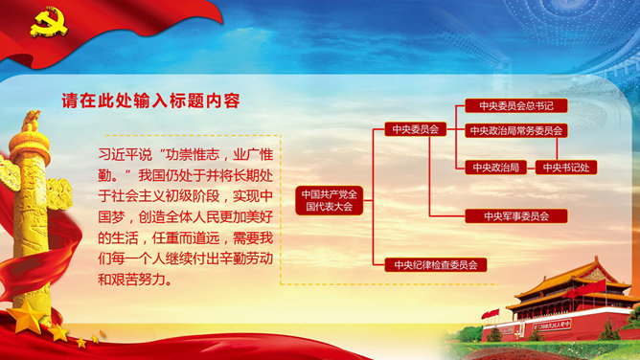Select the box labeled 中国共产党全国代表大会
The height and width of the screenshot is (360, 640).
tap(328, 199)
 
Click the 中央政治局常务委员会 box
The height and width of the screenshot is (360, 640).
tap(516, 130)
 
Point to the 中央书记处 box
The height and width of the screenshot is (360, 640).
tap(564, 167)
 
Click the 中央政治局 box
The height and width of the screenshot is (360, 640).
tap(494, 167)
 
